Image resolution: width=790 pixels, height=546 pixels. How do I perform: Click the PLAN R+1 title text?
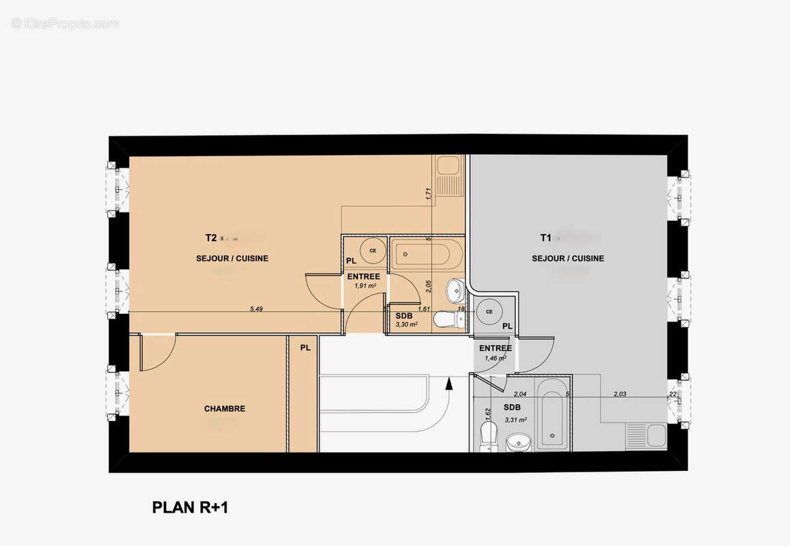pyautogui.click(x=194, y=508)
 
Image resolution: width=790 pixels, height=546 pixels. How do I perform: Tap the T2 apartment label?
pyautogui.click(x=211, y=238)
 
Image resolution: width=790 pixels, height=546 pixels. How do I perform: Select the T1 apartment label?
pyautogui.click(x=545, y=238)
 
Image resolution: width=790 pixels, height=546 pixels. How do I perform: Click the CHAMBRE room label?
pyautogui.click(x=224, y=409)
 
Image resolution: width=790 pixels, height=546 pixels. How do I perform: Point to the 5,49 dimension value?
pyautogui.click(x=256, y=309)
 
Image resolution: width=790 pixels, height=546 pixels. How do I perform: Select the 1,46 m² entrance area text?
pyautogui.click(x=495, y=358)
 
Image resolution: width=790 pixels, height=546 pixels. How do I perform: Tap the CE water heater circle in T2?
pyautogui.click(x=372, y=250)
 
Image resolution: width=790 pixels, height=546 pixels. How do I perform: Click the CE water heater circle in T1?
pyautogui.click(x=489, y=312)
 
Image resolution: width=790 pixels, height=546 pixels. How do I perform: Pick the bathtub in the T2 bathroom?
pyautogui.click(x=426, y=255)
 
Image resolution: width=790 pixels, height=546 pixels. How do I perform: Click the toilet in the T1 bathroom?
pyautogui.click(x=488, y=435)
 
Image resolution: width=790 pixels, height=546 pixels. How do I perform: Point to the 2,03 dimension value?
pyautogui.click(x=620, y=394)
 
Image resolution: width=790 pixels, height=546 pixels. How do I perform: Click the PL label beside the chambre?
pyautogui.click(x=305, y=347)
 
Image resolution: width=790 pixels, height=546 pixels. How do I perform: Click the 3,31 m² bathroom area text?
pyautogui.click(x=516, y=419)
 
